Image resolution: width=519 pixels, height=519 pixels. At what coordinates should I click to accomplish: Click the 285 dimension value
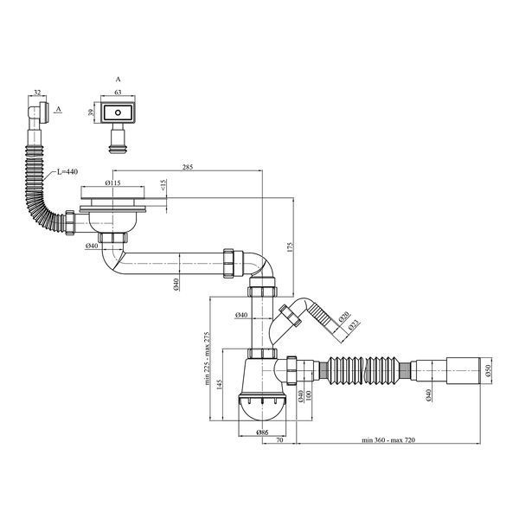pyautogui.click(x=188, y=166)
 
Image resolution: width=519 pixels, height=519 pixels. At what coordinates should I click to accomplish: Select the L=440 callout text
pyautogui.click(x=67, y=171)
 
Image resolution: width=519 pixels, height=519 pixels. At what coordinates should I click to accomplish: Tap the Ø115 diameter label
pyautogui.click(x=112, y=183)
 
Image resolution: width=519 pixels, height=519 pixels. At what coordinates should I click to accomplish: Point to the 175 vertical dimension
pyautogui.click(x=291, y=247)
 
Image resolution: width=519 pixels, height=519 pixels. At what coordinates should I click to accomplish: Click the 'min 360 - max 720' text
pyautogui.click(x=388, y=440)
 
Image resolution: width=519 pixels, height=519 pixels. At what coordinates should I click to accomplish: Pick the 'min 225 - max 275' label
pyautogui.click(x=208, y=358)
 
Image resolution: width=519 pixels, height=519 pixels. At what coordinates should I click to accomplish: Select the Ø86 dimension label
pyautogui.click(x=262, y=432)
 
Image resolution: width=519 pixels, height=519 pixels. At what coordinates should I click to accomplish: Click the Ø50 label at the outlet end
pyautogui.click(x=489, y=370)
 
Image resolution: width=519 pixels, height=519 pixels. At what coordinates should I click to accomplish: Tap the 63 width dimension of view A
pyautogui.click(x=118, y=92)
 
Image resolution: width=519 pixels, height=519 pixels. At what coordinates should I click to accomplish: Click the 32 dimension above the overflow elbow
pyautogui.click(x=37, y=93)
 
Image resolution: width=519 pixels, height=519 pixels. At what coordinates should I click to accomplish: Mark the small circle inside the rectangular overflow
pyautogui.click(x=118, y=112)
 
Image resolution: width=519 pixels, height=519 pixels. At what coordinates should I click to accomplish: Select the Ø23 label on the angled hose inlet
pyautogui.click(x=354, y=326)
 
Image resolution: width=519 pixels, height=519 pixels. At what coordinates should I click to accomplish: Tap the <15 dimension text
pyautogui.click(x=163, y=185)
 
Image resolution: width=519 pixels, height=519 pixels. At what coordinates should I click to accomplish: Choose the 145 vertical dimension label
pyautogui.click(x=220, y=384)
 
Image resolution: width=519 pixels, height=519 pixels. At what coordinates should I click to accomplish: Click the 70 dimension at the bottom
pyautogui.click(x=279, y=440)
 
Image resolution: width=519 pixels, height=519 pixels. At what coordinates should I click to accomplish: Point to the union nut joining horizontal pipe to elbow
pyautogui.click(x=228, y=263)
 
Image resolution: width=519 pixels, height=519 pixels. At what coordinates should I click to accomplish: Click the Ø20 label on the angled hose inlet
pyautogui.click(x=344, y=317)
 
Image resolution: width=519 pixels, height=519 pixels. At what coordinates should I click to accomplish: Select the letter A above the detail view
pyautogui.click(x=119, y=79)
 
